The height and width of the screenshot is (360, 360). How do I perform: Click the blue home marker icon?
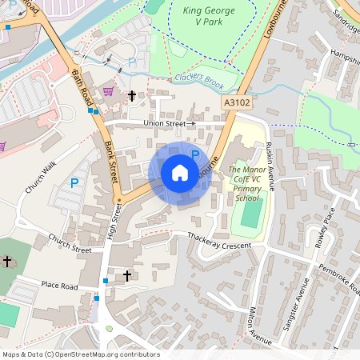pos(179,173)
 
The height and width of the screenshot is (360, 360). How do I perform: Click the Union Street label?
pos(165,123)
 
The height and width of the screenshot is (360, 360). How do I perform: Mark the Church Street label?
pos(70,243)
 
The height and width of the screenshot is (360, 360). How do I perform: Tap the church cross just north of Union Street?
pos(132,96)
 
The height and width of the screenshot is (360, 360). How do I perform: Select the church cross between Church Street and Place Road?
pos(126,276)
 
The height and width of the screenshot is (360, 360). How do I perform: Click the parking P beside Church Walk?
pos(74,183)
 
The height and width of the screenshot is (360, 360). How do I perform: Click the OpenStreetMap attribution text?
pos(80,354)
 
